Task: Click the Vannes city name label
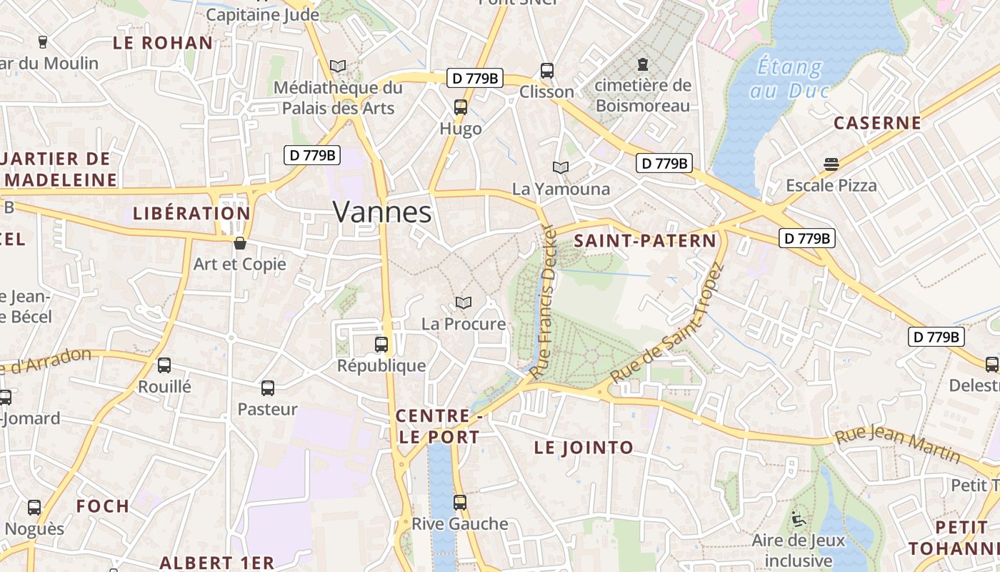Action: click(382, 212)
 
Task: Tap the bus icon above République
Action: click(381, 345)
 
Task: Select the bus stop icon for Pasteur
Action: click(268, 388)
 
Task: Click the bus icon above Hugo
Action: click(461, 107)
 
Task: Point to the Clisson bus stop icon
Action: click(547, 70)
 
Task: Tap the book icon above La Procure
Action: click(464, 303)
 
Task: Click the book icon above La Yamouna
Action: click(561, 167)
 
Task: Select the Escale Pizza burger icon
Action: click(831, 164)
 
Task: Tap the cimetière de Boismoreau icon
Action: click(643, 64)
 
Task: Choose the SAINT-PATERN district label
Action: click(645, 241)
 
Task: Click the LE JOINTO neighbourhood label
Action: click(584, 448)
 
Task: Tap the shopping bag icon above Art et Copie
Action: click(240, 243)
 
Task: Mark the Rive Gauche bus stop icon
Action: click(459, 502)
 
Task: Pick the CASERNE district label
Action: click(877, 123)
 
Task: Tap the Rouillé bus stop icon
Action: click(164, 365)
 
